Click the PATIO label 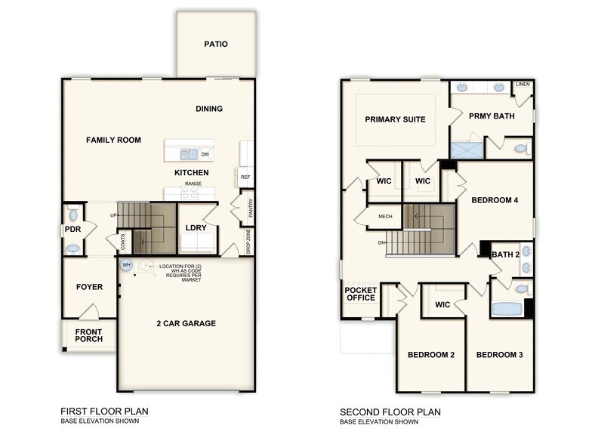[215, 44]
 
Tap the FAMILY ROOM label [113, 140]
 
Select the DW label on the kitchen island [205, 154]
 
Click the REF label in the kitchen [245, 177]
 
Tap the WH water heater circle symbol [127, 265]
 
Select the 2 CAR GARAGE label [186, 323]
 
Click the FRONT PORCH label [88, 335]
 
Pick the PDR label [73, 230]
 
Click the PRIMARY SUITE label [395, 119]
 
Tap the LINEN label [523, 85]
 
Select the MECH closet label [385, 217]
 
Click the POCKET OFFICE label [360, 293]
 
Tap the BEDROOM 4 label [495, 200]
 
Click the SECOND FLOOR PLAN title [390, 412]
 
